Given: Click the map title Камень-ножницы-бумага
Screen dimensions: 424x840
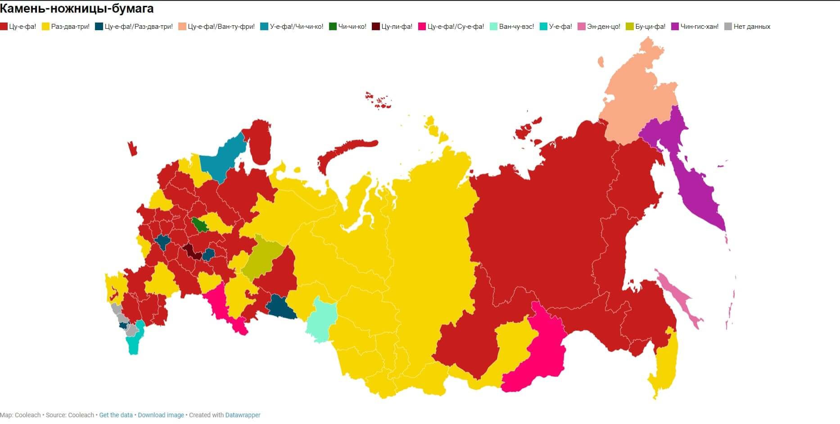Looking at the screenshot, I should (x=77, y=8).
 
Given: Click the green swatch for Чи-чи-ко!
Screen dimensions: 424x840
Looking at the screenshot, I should (x=333, y=27).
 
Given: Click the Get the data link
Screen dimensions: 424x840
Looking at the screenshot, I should (x=116, y=415).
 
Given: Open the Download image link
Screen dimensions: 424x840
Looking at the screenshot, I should (x=161, y=415).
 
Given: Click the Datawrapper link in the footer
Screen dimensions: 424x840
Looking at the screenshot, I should (x=243, y=415).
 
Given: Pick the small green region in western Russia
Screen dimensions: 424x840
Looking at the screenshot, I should (x=199, y=224).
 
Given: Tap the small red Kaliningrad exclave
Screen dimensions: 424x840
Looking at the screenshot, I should (x=132, y=149).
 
